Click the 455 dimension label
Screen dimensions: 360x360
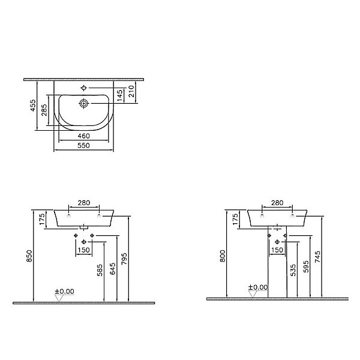pyautogui.click(x=33, y=106)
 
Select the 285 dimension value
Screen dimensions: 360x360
pyautogui.click(x=44, y=110)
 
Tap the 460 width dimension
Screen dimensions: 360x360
pyautogui.click(x=83, y=136)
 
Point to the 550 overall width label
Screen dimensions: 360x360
pyautogui.click(x=83, y=145)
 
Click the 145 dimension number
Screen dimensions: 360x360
pyautogui.click(x=119, y=95)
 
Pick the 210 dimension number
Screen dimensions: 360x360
pyautogui.click(x=131, y=91)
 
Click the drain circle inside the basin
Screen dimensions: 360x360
pyautogui.click(x=84, y=104)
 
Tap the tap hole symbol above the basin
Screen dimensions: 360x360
pyautogui.click(x=84, y=88)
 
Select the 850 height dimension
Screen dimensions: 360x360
pyautogui.click(x=29, y=256)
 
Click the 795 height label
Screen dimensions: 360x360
pyautogui.click(x=124, y=259)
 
